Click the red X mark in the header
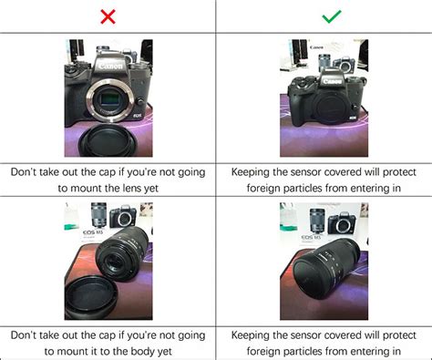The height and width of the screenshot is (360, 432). click(x=108, y=16)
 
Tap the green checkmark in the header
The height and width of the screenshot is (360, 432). click(x=324, y=16)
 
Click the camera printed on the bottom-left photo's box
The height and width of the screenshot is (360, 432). click(x=123, y=217)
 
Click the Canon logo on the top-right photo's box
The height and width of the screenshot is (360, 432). click(x=316, y=47)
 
